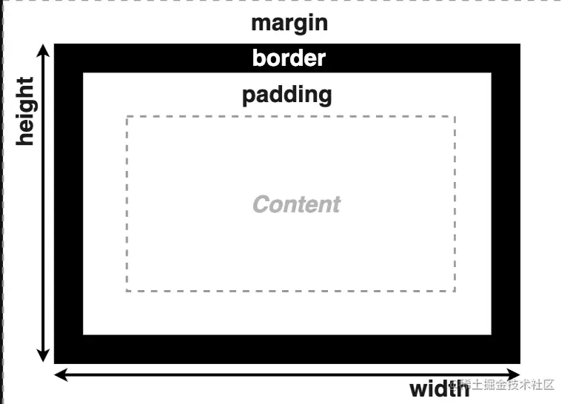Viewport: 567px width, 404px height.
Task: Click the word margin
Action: (x=289, y=23)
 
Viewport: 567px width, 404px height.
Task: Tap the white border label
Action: (x=289, y=58)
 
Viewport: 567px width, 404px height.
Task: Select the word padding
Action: (x=287, y=95)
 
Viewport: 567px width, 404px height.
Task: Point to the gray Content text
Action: (x=297, y=204)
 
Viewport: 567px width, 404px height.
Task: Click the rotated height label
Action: (x=26, y=110)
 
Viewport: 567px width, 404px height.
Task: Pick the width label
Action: (x=440, y=388)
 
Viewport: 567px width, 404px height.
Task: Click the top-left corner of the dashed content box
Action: (x=127, y=117)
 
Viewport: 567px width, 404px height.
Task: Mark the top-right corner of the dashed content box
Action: (x=454, y=117)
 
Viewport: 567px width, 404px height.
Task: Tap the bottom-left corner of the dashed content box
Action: (x=127, y=291)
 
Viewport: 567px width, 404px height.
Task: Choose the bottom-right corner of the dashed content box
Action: (x=454, y=291)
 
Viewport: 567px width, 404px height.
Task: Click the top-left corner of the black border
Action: (x=56, y=45)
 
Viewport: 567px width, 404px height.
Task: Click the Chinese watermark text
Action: (x=511, y=385)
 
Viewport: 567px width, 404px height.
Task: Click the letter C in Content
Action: (x=261, y=204)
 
